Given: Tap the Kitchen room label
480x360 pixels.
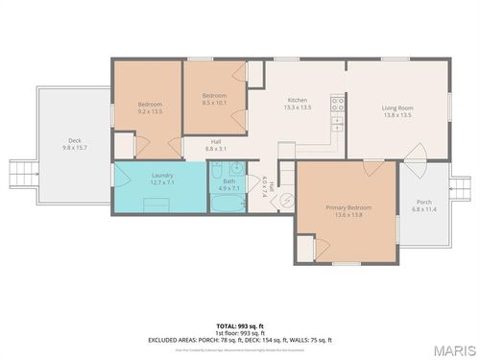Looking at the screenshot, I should tap(299, 100).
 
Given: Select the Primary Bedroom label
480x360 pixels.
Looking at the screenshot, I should tap(348, 206).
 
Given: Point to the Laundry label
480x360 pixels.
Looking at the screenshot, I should tap(162, 176).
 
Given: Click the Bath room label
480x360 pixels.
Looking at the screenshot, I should tap(229, 181).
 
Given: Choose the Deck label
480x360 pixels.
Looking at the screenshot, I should tap(74, 140).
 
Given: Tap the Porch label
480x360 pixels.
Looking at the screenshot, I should tap(423, 202).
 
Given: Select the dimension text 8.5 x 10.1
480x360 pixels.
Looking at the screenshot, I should tap(215, 103).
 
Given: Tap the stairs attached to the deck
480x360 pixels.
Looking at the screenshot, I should tap(20, 175).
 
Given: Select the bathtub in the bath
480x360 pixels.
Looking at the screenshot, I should tap(228, 203).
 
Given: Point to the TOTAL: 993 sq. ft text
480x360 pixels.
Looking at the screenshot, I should tap(240, 327).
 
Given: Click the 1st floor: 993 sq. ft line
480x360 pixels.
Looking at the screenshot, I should tap(240, 334).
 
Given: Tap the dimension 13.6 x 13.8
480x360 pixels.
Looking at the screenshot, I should tap(348, 214).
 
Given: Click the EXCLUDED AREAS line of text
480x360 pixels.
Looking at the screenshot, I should tap(240, 341).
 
